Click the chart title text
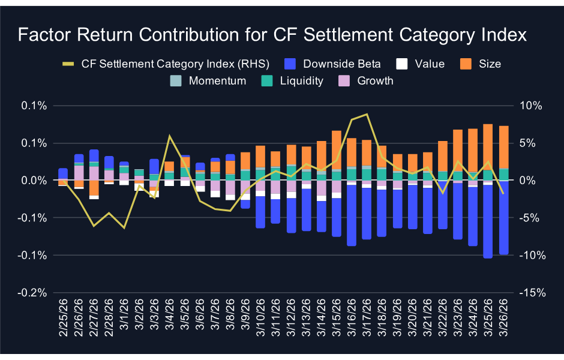click(272, 35)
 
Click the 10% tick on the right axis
click(531, 106)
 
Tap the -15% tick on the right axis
click(530, 293)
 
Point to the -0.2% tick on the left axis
click(34, 293)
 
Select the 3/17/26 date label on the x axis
click(366, 322)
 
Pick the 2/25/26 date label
click(62, 322)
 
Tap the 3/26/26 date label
click(504, 322)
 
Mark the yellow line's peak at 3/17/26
click(367, 114)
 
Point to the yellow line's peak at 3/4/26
click(169, 136)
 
